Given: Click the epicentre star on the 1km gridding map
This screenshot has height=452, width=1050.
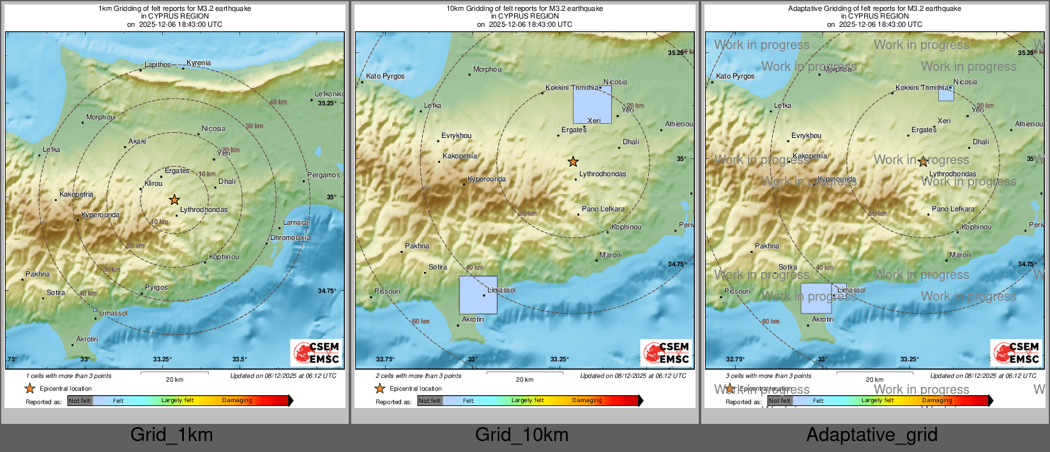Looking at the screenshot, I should point(174,200).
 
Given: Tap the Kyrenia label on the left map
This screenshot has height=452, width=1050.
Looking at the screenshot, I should point(199,63).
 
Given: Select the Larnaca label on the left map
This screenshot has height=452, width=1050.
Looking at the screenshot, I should point(296,223).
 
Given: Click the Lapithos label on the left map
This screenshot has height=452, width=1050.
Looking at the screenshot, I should point(157,64).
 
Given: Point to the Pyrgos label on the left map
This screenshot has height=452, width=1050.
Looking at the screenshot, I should point(156,287).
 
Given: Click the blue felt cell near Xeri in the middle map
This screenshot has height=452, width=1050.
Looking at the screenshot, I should point(592,105).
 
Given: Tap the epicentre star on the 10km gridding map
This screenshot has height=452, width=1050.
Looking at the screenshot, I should point(574,162).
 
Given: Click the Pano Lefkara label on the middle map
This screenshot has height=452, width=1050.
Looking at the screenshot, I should point(603,209).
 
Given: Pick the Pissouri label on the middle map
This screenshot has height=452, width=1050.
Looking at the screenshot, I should point(387,291).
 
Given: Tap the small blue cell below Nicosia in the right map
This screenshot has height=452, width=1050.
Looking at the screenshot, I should point(946,94).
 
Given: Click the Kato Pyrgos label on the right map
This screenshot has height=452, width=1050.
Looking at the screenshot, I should point(735,76).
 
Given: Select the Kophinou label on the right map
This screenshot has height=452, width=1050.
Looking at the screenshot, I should point(976,227).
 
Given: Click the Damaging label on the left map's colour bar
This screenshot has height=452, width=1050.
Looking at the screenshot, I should point(237,400).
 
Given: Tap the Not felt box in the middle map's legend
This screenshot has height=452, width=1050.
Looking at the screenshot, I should point(430,401).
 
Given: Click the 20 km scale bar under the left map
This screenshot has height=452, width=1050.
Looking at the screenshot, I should point(174,372).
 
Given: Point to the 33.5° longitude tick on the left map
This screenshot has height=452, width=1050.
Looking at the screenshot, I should point(240,359).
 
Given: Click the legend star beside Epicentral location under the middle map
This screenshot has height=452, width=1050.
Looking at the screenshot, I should point(379,388).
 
